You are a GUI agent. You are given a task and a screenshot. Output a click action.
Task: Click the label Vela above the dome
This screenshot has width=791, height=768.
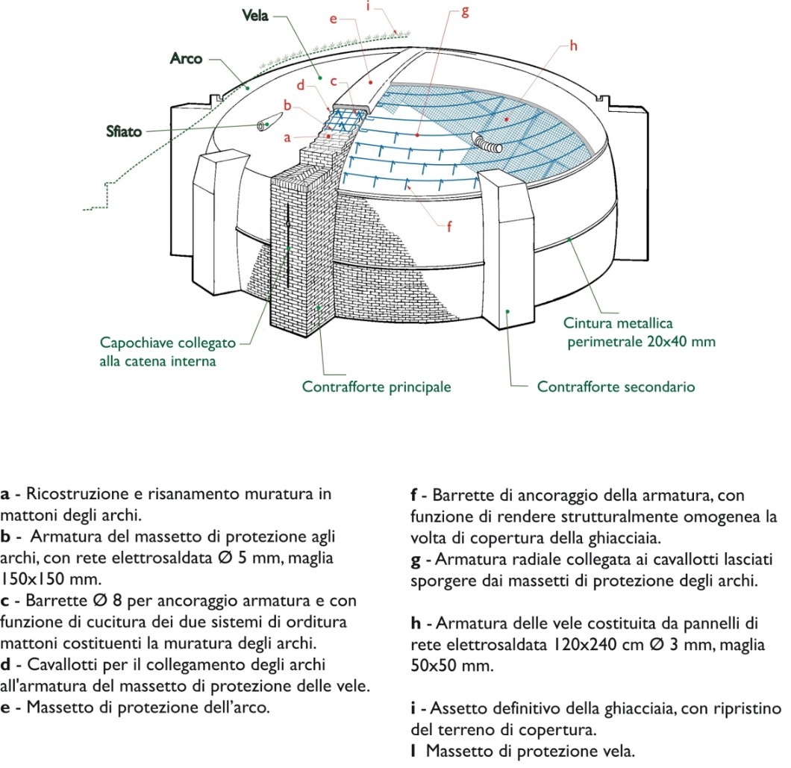point(254,16)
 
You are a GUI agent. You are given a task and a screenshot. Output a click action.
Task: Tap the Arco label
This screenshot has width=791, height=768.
point(186,58)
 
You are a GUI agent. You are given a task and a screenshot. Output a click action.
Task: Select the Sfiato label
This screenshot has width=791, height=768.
point(124,131)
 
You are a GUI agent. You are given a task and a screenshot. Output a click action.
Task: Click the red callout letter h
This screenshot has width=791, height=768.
point(573,46)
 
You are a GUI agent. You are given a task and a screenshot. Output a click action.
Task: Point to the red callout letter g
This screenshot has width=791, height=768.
point(465,12)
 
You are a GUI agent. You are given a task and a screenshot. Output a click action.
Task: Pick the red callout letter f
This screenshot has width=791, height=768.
point(449,226)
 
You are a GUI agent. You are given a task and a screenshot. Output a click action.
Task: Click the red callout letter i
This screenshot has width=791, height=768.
point(368,7)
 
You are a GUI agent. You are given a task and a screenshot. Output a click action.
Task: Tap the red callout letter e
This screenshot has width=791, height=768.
point(333,19)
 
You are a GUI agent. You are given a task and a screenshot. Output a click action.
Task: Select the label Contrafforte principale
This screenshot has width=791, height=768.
point(376,387)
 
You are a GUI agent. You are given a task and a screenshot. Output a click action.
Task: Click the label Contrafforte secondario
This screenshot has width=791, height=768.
point(616,387)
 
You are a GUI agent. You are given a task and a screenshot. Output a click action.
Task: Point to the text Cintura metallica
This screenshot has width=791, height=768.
point(618,323)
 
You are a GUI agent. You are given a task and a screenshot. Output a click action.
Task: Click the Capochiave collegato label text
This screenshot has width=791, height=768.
point(167,343)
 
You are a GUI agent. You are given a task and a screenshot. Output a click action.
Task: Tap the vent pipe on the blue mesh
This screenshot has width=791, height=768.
point(487,143)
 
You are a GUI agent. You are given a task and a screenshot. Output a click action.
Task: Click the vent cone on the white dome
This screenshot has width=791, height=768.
point(270,121)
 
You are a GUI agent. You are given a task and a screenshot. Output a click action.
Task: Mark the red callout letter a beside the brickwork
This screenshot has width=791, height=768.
point(287,137)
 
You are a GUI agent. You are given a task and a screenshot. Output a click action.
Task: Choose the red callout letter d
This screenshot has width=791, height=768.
point(301,85)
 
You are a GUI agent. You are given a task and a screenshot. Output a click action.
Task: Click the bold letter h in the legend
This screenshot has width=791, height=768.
point(416,623)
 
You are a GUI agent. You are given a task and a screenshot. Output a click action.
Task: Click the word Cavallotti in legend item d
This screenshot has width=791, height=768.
point(63,664)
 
